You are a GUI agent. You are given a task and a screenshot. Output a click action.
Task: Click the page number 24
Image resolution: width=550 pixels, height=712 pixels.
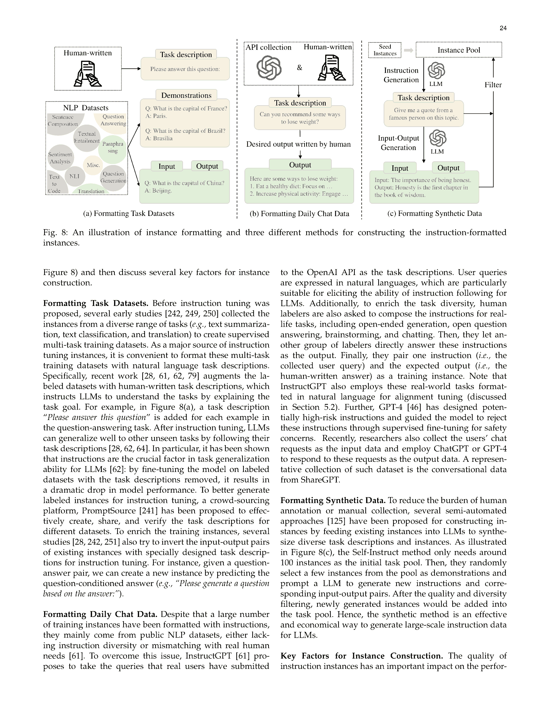pyautogui.click(x=503, y=28)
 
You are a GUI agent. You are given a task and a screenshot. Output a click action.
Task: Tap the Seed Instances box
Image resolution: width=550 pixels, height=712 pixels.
pyautogui.click(x=385, y=50)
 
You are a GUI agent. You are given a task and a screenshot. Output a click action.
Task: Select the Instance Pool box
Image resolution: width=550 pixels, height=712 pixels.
pyautogui.click(x=458, y=50)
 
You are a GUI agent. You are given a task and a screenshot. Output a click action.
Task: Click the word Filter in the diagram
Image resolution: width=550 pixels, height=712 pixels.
pyautogui.click(x=493, y=85)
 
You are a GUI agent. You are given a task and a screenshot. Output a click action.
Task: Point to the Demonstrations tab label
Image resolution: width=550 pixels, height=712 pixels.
pyautogui.click(x=186, y=95)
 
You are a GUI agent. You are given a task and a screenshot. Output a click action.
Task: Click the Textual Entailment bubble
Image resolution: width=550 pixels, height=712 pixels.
pyautogui.click(x=87, y=137)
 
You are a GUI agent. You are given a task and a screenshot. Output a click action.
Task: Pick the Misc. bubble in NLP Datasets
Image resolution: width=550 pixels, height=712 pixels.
pyautogui.click(x=93, y=165)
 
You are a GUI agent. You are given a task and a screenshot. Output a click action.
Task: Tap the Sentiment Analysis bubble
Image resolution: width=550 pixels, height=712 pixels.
pyautogui.click(x=60, y=158)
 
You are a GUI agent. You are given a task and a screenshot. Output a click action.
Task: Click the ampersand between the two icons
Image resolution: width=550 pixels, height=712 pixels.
pyautogui.click(x=299, y=68)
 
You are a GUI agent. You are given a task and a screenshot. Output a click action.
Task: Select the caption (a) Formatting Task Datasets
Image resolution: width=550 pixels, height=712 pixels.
pyautogui.click(x=129, y=214)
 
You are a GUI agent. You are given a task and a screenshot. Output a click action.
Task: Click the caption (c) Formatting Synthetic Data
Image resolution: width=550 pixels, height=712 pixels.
pyautogui.click(x=434, y=214)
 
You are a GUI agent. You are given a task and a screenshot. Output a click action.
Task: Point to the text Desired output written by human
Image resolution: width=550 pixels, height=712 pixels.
pyautogui.click(x=298, y=144)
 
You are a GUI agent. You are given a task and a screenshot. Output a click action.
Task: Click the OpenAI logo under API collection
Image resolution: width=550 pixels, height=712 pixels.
pyautogui.click(x=269, y=68)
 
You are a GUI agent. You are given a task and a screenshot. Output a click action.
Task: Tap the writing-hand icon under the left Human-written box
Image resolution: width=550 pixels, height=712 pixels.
pyautogui.click(x=88, y=73)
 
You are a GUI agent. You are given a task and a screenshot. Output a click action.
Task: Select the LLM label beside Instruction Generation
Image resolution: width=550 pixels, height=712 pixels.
pyautogui.click(x=436, y=84)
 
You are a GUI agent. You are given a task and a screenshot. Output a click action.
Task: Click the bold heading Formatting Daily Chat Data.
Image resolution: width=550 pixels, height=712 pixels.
pyautogui.click(x=100, y=614)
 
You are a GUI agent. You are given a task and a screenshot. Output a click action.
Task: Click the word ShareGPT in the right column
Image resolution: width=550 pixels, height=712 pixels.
pyautogui.click(x=319, y=480)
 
